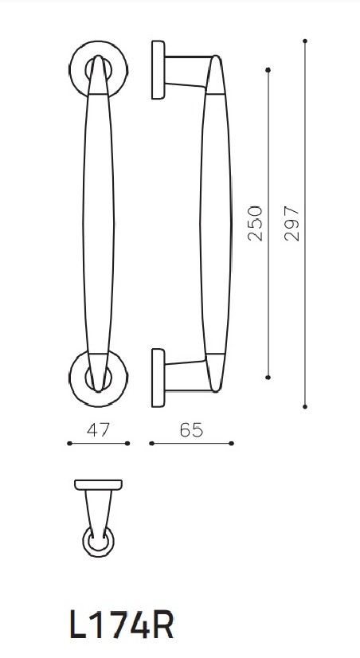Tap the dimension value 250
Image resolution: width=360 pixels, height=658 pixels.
tap(255, 225)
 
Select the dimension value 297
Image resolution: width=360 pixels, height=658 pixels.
tap(292, 225)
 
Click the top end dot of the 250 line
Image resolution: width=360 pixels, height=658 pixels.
tap(268, 72)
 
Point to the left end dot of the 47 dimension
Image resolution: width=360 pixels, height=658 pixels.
tap(69, 444)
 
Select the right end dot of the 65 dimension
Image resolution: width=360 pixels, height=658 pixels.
tap(232, 444)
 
